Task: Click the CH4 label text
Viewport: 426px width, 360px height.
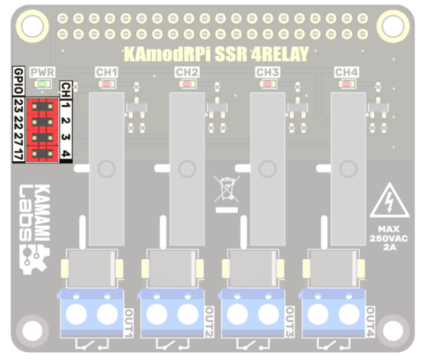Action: pyautogui.click(x=346, y=72)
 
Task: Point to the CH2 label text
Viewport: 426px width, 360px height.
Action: pyautogui.click(x=187, y=72)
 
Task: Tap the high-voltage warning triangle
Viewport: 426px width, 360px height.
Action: pyautogui.click(x=388, y=202)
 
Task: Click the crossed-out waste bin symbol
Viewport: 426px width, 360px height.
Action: pyautogui.click(x=226, y=190)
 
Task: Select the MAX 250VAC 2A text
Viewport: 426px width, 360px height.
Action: pyautogui.click(x=388, y=237)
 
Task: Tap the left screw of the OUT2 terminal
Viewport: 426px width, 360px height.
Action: pyautogui.click(x=159, y=313)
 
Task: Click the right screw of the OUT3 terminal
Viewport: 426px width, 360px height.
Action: pyautogui.click(x=268, y=313)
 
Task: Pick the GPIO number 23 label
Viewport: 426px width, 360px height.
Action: pyautogui.click(x=18, y=104)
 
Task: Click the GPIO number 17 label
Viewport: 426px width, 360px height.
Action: pyautogui.click(x=18, y=153)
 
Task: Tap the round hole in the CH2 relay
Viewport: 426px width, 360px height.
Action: pyautogui.click(x=187, y=169)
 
